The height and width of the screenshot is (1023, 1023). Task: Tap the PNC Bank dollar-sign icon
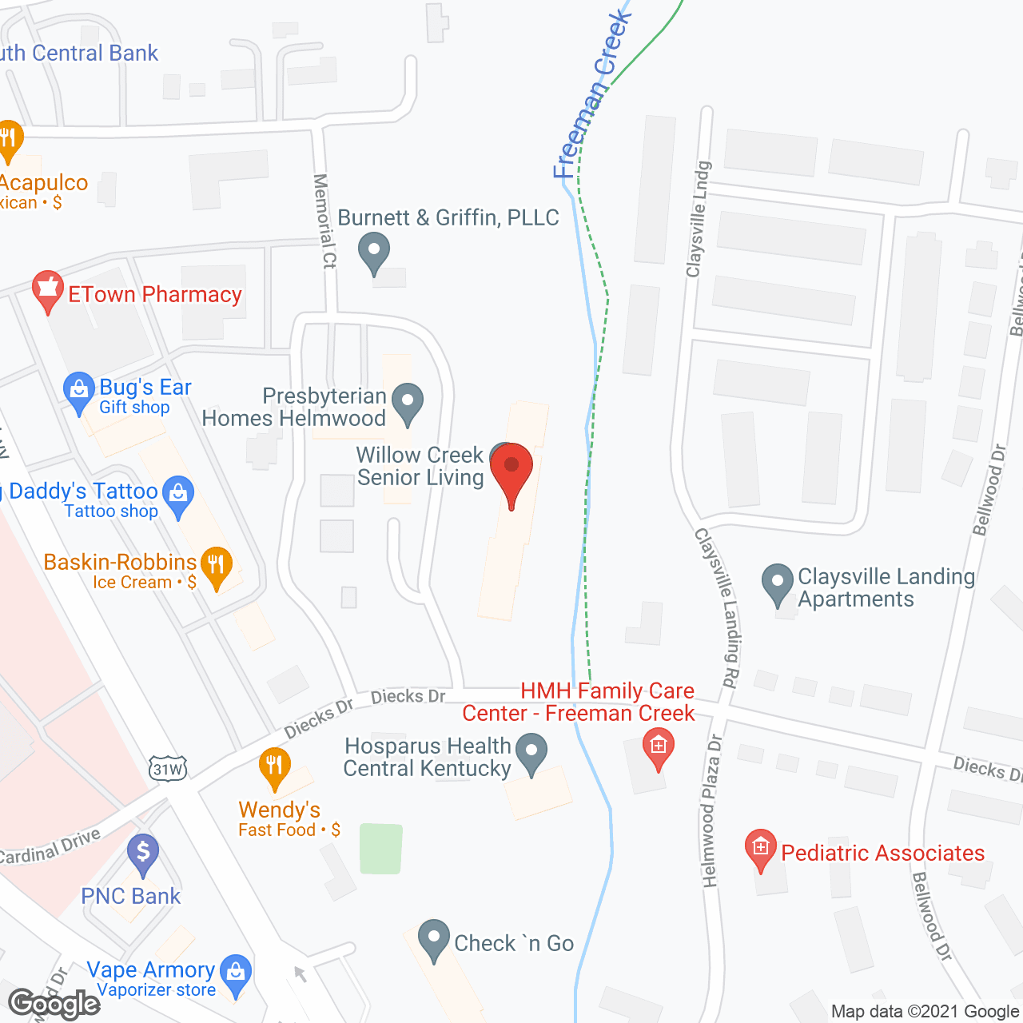pyautogui.click(x=143, y=854)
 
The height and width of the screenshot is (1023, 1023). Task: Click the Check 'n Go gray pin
pyautogui.click(x=434, y=940)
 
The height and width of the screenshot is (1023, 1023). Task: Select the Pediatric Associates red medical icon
pyautogui.click(x=760, y=850)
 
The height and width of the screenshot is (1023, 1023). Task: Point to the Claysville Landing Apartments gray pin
pyautogui.click(x=777, y=584)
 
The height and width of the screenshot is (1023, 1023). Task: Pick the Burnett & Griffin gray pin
pyautogui.click(x=373, y=253)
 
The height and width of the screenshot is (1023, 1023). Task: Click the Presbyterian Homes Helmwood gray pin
pyautogui.click(x=408, y=403)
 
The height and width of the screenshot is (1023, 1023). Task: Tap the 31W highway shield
pyautogui.click(x=168, y=769)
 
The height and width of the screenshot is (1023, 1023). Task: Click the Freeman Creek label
pyautogui.click(x=591, y=96)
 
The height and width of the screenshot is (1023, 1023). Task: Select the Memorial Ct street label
pyautogui.click(x=324, y=221)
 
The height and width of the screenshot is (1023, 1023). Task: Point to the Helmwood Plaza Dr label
pyautogui.click(x=711, y=811)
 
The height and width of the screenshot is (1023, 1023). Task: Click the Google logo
pyautogui.click(x=54, y=1004)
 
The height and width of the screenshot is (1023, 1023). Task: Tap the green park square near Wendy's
pyautogui.click(x=381, y=849)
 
